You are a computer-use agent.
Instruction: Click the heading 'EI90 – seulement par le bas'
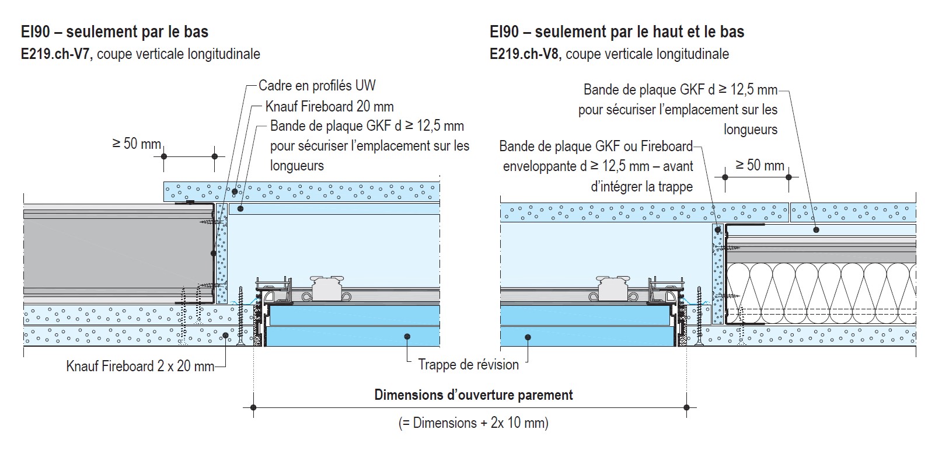115,32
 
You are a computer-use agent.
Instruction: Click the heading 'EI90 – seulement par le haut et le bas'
617,32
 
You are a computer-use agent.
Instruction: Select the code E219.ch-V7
57,54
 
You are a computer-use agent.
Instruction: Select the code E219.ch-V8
526,54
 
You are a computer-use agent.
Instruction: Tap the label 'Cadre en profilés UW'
317,85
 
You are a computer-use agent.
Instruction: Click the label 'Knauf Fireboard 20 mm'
330,106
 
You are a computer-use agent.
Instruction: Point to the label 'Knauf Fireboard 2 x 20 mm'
141,366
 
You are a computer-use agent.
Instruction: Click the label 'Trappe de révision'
469,364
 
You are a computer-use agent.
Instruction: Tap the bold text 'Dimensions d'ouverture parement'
473,395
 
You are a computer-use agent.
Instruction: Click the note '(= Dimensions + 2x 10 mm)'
473,423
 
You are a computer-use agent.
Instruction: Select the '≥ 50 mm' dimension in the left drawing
137,144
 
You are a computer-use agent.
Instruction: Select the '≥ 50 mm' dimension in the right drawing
760,165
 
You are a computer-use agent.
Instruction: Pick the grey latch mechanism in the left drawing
327,288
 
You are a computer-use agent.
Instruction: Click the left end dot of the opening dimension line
253,407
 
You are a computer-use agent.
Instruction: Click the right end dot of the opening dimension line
687,407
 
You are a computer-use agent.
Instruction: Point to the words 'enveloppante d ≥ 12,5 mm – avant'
598,166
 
